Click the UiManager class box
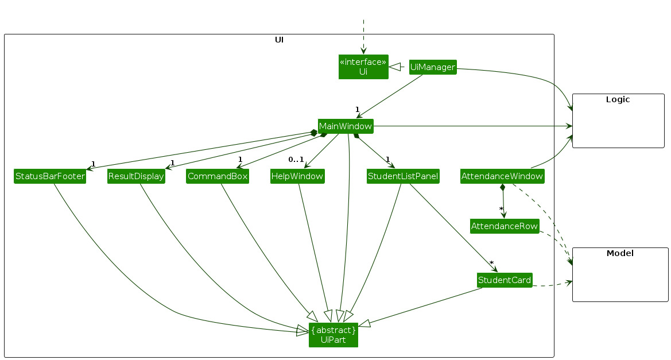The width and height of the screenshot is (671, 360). [433, 67]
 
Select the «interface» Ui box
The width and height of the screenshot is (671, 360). [363, 67]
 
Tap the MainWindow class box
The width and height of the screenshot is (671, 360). [346, 126]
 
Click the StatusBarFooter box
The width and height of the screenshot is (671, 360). [51, 176]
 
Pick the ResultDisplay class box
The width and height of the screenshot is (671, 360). [136, 176]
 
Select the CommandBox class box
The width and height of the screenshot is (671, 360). [218, 176]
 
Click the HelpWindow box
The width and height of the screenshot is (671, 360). [297, 176]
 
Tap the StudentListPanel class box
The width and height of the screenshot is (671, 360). [403, 176]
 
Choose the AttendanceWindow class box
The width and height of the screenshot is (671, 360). [502, 176]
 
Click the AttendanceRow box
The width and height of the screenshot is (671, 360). [505, 226]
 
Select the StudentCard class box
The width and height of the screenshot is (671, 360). [505, 280]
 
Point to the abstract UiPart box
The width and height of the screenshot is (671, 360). [333, 335]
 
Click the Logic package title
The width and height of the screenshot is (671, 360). [618, 99]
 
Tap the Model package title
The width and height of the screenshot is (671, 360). [620, 253]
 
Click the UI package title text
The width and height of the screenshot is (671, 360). [279, 40]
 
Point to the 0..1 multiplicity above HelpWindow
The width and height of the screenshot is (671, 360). [296, 159]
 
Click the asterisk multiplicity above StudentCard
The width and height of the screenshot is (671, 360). [491, 263]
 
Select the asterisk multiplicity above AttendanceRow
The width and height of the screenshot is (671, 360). [501, 209]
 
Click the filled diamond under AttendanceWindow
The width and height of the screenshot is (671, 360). [503, 188]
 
